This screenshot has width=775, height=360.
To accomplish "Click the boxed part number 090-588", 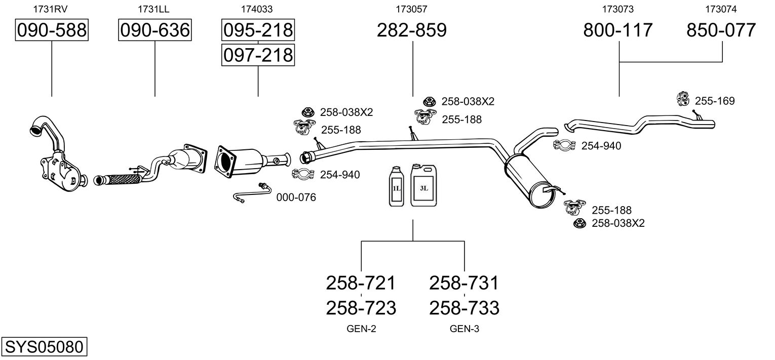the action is tap(52, 30).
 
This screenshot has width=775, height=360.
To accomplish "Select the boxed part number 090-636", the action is tap(155, 30).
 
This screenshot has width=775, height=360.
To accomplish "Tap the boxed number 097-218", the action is tap(258, 55).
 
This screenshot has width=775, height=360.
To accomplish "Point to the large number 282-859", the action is tap(412, 30).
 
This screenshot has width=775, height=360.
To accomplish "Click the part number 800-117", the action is tap(618, 30).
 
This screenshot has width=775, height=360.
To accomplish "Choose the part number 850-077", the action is tap(721, 30).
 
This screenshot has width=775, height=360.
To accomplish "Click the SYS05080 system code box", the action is tap(44, 346).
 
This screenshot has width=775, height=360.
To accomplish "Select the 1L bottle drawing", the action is tap(397, 186).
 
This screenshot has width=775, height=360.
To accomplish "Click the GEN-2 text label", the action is tap(361, 329).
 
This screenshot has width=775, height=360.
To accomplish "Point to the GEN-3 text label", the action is tap(464, 329).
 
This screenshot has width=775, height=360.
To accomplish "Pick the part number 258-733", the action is tap(464, 308).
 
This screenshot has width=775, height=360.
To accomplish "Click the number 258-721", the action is tap(361, 283).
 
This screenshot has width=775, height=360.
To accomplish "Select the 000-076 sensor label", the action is tap(296, 197).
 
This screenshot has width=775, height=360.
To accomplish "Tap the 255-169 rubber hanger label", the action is tap(715, 101).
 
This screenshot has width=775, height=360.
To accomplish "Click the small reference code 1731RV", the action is tap(50, 9).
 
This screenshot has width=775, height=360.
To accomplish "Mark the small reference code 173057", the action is tap(411, 9).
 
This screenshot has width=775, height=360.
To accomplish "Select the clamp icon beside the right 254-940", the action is tap(564, 145).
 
